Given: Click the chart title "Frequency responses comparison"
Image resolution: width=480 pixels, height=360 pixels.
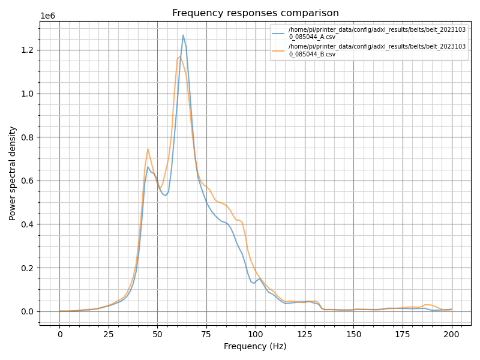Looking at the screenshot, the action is tap(256, 13).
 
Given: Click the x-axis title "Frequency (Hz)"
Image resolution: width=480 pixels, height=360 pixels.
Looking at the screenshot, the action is tap(255, 346).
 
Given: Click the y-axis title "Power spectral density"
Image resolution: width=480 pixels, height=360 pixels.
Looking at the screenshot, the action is tap(12, 173).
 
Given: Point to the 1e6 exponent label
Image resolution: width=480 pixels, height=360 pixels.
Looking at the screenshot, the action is tap(48, 16).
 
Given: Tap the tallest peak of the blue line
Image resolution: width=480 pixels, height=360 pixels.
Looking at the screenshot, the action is tap(183, 35).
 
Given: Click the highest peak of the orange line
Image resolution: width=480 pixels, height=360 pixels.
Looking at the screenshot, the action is tap(180, 56).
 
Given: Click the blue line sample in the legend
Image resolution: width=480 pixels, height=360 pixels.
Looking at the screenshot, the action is tap(278, 33).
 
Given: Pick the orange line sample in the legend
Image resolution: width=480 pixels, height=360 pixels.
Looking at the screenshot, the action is tap(278, 50).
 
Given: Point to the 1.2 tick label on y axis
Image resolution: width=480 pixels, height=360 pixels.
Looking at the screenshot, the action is tap(27, 50).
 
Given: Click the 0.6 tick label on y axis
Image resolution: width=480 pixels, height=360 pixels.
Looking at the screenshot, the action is tap(27, 181).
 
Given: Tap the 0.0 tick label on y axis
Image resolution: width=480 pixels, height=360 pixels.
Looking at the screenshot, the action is tap(27, 311).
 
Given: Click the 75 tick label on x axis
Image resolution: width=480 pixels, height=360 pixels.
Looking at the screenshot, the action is tap(206, 334).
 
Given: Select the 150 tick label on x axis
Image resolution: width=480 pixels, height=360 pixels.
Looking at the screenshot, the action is tap(353, 334).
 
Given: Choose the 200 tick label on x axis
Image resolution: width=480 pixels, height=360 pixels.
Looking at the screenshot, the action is tap(452, 334).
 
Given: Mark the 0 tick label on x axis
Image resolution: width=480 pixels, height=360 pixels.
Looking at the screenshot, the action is tap(59, 334).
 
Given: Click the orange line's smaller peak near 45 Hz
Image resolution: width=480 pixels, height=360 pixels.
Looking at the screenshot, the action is tap(148, 149).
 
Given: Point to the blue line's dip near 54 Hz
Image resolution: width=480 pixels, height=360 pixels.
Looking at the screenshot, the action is tap(166, 196).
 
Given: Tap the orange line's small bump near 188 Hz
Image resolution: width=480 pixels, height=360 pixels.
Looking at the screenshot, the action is tap(428, 305).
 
